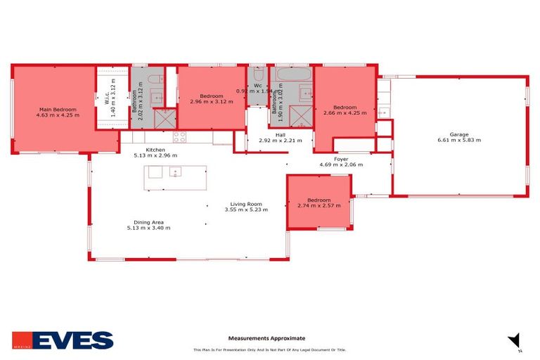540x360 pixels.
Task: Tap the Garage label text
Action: point(458,134)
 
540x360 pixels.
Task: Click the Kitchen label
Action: point(155,150)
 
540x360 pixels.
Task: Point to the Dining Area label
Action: point(148,222)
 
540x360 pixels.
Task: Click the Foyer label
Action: point(340,159)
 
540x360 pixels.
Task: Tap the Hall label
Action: point(280,135)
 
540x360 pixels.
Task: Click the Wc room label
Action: point(258,84)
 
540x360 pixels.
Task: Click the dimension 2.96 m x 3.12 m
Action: point(211,101)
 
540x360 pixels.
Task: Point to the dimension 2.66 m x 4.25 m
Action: point(345,112)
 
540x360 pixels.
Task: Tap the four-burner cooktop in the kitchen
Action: point(179,136)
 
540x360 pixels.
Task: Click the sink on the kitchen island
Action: point(174,171)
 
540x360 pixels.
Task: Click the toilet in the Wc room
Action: point(257,73)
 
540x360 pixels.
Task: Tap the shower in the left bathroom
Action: point(165,117)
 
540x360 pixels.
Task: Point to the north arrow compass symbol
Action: point(514,340)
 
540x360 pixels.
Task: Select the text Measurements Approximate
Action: point(266,338)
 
